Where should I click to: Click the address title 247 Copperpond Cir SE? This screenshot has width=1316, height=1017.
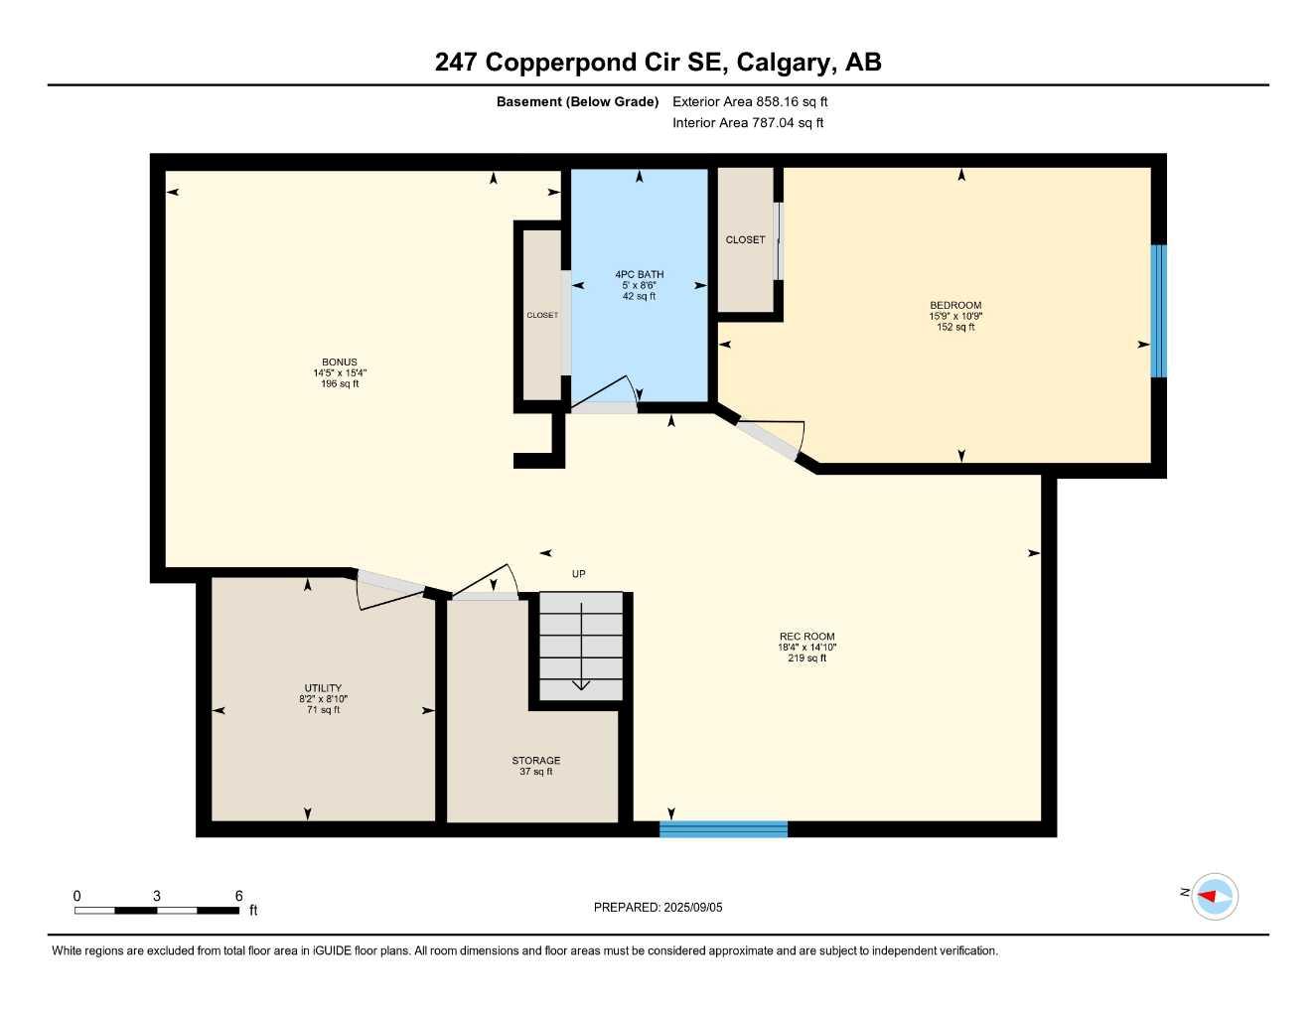click(x=658, y=63)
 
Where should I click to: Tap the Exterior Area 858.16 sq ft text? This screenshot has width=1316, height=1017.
click(x=750, y=101)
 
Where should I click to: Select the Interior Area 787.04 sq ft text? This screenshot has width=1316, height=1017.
click(x=748, y=123)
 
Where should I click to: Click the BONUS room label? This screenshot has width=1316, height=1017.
click(x=340, y=363)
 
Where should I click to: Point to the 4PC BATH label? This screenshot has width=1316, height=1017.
click(x=639, y=275)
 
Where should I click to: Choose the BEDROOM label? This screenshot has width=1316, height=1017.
click(x=955, y=306)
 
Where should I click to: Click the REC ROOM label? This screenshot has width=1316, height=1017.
click(x=806, y=637)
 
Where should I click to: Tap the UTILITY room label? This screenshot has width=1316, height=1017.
click(x=323, y=688)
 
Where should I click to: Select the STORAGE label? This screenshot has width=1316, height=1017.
click(x=536, y=761)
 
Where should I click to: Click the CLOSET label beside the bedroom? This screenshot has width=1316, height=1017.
click(x=745, y=239)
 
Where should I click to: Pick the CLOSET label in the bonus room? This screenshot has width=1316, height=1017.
click(x=542, y=315)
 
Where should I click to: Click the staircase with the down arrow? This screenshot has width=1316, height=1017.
click(x=581, y=647)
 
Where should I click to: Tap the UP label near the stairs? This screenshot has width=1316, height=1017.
click(x=579, y=574)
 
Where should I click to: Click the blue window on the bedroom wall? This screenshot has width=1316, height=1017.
click(x=1158, y=311)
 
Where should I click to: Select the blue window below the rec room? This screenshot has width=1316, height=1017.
click(x=723, y=829)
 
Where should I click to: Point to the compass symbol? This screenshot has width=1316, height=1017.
click(x=1214, y=896)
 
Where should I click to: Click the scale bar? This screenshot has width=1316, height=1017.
click(x=157, y=910)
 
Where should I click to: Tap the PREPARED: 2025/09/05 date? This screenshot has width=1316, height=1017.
click(x=658, y=907)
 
